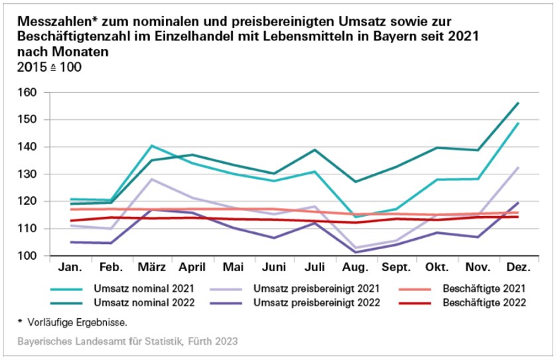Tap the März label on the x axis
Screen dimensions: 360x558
pos(152,268)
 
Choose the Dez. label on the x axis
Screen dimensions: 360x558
pos(518,268)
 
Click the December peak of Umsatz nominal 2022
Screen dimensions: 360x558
pos(518,103)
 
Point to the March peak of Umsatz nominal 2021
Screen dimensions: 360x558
pos(152,146)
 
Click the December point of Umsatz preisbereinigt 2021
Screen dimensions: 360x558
pos(518,168)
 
